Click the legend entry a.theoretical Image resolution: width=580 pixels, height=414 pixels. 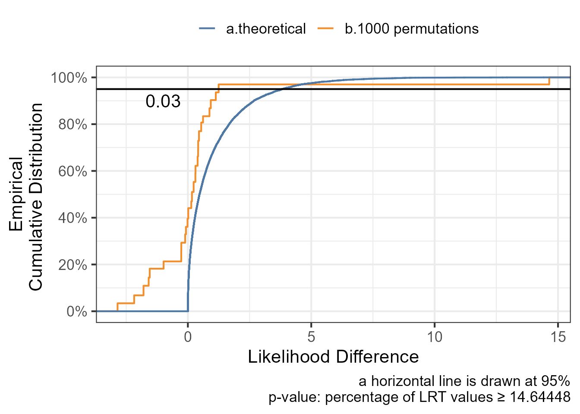[x=265, y=29]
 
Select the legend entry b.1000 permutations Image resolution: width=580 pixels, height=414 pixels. [x=411, y=29]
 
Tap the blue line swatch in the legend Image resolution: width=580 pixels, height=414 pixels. [x=207, y=29]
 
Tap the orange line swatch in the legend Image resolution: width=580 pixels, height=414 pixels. [x=326, y=29]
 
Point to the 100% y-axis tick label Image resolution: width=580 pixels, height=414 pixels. [x=69, y=78]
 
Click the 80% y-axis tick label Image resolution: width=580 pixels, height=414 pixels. [x=72, y=125]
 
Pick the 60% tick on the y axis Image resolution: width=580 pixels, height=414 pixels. [x=72, y=171]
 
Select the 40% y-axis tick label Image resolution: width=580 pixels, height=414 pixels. [x=72, y=218]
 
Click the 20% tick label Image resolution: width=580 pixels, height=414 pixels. [x=72, y=265]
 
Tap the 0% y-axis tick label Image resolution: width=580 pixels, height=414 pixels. [x=76, y=311]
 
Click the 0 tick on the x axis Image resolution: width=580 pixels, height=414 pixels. [x=188, y=336]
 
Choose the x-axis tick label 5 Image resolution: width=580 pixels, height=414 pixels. [x=311, y=336]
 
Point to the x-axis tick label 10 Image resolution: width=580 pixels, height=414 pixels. [x=435, y=336]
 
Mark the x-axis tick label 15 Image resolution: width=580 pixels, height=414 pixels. [x=558, y=336]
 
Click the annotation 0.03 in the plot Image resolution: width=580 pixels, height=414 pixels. [x=163, y=101]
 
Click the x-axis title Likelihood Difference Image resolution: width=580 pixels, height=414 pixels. [x=333, y=357]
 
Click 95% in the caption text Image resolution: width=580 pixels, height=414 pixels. [x=554, y=381]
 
